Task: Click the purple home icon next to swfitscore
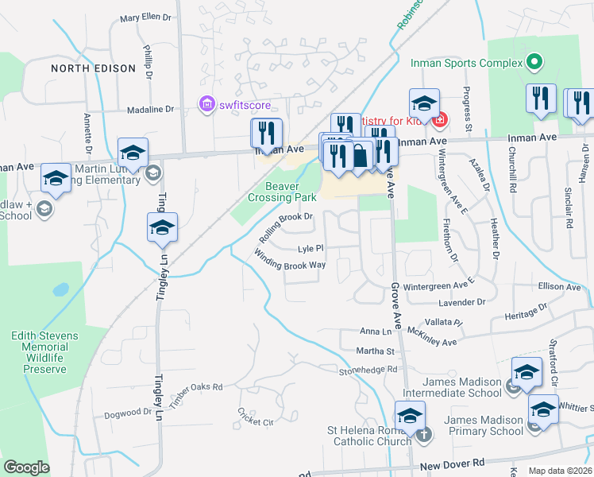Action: (206, 103)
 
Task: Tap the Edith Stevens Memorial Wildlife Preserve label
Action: (45, 352)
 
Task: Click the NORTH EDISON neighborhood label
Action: (94, 68)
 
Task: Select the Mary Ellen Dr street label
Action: (145, 17)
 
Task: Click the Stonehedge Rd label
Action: (368, 370)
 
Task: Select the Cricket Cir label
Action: (255, 417)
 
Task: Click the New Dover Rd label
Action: (453, 463)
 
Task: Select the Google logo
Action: (26, 467)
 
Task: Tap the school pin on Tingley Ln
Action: (162, 228)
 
